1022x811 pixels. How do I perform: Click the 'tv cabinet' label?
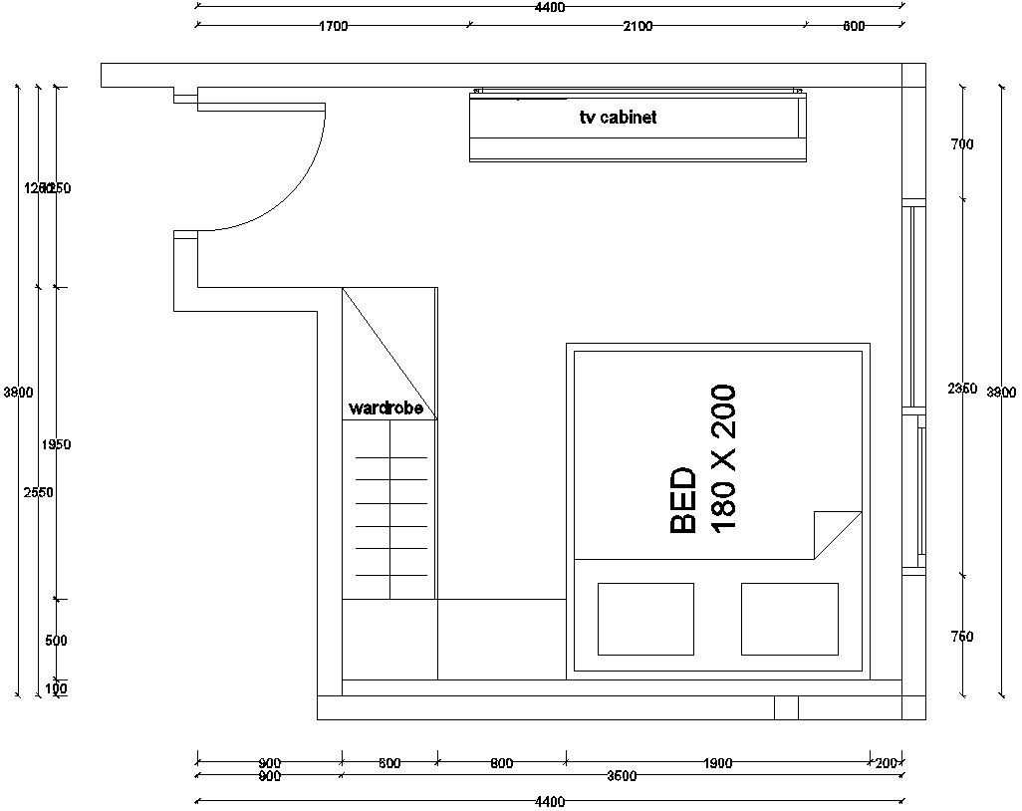pyautogui.click(x=618, y=118)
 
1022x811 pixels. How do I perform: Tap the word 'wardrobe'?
pyautogui.click(x=385, y=408)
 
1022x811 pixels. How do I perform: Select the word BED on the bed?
pyautogui.click(x=684, y=501)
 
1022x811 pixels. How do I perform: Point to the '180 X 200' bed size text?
pyautogui.click(x=723, y=457)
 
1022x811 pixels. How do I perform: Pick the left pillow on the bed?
pyautogui.click(x=645, y=619)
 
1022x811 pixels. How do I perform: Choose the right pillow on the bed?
pyautogui.click(x=789, y=619)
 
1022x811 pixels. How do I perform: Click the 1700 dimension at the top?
pyautogui.click(x=333, y=27)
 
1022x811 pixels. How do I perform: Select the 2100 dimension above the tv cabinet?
pyautogui.click(x=638, y=27)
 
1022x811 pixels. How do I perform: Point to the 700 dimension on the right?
pyautogui.click(x=962, y=144)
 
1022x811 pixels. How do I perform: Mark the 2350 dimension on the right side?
pyautogui.click(x=962, y=389)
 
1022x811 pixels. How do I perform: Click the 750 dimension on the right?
pyautogui.click(x=962, y=637)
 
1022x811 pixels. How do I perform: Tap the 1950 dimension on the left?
pyautogui.click(x=57, y=444)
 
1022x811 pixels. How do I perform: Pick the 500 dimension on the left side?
pyautogui.click(x=57, y=641)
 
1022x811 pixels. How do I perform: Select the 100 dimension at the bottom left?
pyautogui.click(x=57, y=688)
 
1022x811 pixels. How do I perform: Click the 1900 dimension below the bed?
pyautogui.click(x=717, y=764)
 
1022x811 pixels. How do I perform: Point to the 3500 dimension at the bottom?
pyautogui.click(x=622, y=776)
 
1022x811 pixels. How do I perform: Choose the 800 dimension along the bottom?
pyautogui.click(x=502, y=764)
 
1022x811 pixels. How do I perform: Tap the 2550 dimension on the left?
pyautogui.click(x=40, y=492)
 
